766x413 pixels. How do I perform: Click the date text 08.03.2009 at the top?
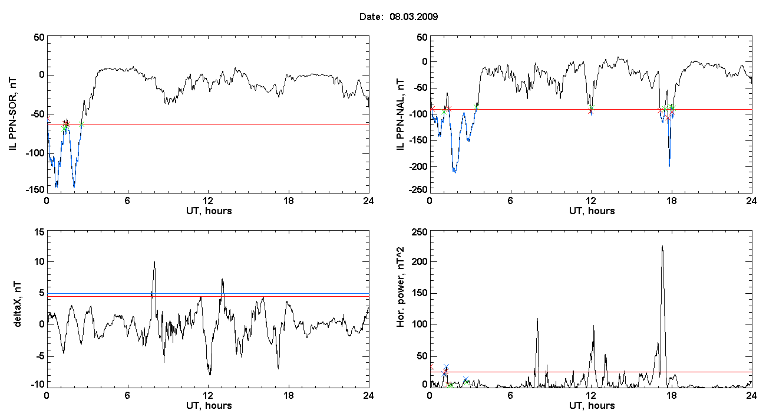(414, 17)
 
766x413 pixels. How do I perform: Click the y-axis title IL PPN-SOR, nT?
(12, 114)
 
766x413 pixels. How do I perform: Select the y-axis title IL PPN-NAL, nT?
(400, 114)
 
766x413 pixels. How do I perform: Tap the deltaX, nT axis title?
(17, 304)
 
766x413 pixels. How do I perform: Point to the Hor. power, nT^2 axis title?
(400, 287)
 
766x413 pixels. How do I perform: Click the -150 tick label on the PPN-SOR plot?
(35, 189)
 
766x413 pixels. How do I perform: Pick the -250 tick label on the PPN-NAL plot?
(418, 189)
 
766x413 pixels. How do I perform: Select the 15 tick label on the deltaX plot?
(39, 232)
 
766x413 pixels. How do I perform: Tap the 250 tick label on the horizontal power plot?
(420, 232)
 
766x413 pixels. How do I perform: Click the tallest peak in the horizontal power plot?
(662, 246)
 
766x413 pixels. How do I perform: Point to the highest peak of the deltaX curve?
(154, 261)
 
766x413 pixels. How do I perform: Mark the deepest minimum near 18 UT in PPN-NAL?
(669, 166)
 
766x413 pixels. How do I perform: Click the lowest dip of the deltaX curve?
(210, 375)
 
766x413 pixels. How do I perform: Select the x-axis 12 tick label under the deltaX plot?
(208, 395)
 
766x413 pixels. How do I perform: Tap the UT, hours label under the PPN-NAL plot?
(592, 211)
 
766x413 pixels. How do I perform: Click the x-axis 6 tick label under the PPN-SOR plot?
(127, 201)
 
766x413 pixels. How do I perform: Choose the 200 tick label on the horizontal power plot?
(420, 261)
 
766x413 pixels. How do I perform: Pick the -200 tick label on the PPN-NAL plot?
(418, 166)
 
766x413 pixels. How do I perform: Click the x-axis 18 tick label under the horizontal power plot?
(672, 395)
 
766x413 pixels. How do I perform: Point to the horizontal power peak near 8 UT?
(537, 319)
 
